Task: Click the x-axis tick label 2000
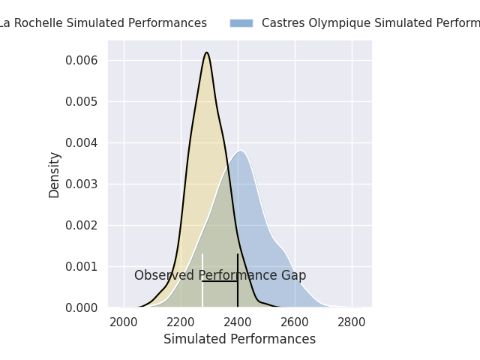click(x=124, y=322)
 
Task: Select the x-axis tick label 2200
click(x=181, y=322)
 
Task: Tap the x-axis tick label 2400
click(x=238, y=322)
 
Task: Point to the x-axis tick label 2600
click(x=295, y=322)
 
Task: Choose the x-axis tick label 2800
click(x=352, y=322)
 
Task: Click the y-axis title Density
click(x=54, y=175)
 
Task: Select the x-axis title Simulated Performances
click(x=239, y=339)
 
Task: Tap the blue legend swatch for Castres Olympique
click(x=241, y=23)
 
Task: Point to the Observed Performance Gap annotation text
click(x=220, y=275)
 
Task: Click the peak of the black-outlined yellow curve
click(x=207, y=52)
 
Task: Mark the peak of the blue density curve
click(x=241, y=151)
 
